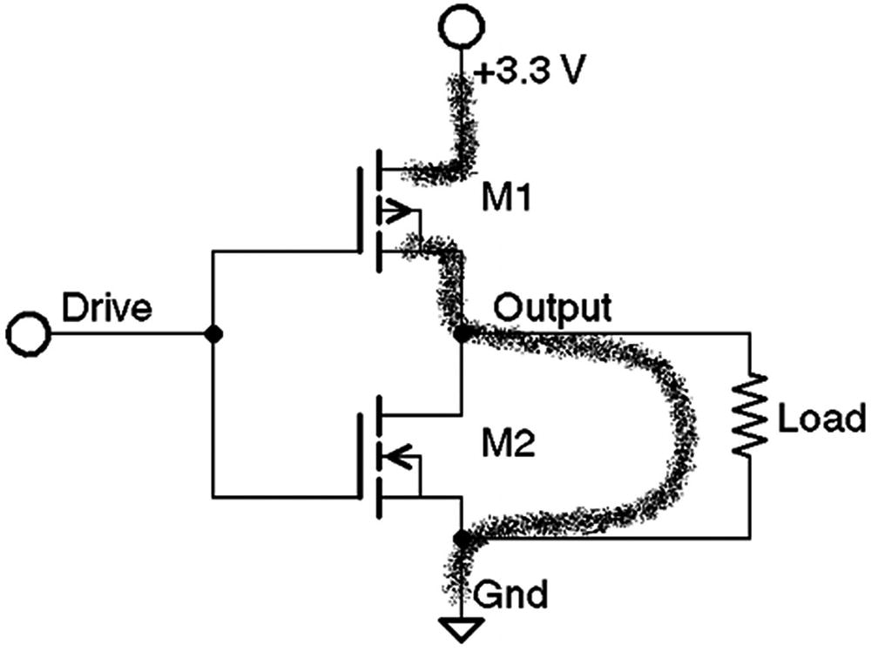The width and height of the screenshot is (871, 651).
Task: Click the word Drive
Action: (x=106, y=308)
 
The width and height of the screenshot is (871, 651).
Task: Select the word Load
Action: (x=821, y=418)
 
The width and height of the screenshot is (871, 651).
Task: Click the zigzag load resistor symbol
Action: (x=750, y=415)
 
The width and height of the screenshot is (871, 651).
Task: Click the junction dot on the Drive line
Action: (x=212, y=333)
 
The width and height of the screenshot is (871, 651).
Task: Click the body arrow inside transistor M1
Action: (x=395, y=211)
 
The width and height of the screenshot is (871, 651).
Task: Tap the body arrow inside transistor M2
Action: (x=395, y=454)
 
